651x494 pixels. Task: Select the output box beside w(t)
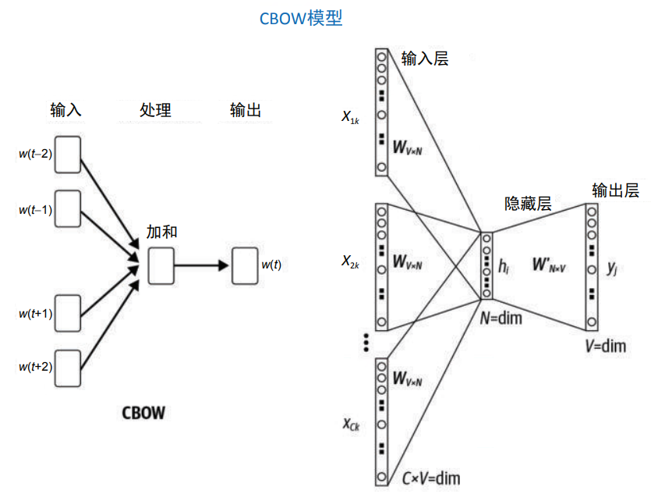click(245, 265)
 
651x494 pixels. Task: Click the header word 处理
click(155, 110)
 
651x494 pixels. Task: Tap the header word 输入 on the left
click(65, 110)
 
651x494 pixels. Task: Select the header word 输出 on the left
click(246, 110)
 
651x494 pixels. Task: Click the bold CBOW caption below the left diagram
click(143, 413)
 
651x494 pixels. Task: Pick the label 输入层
click(425, 59)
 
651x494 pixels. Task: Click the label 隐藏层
click(528, 204)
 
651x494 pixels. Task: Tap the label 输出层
click(615, 190)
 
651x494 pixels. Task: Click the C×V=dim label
click(431, 478)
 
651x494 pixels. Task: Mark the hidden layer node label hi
click(504, 265)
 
